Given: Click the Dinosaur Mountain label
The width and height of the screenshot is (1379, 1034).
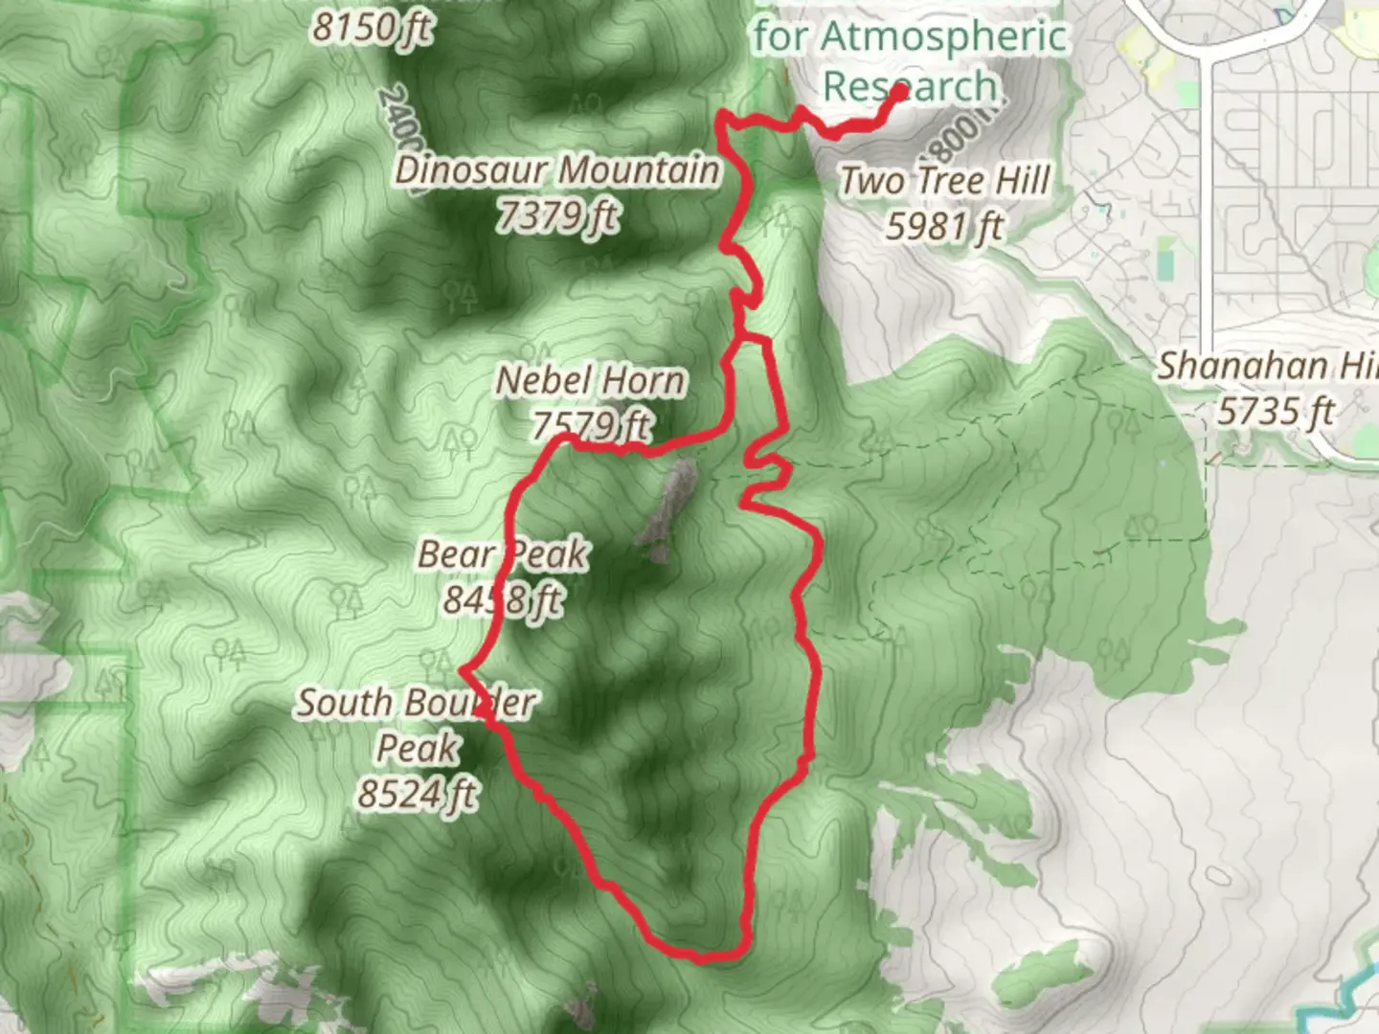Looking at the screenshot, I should pyautogui.click(x=557, y=170).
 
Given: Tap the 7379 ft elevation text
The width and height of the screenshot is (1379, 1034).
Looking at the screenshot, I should pyautogui.click(x=557, y=216).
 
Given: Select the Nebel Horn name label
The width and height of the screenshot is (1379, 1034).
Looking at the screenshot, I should pyautogui.click(x=591, y=381).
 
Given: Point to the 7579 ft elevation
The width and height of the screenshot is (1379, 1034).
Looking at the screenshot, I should pyautogui.click(x=591, y=425).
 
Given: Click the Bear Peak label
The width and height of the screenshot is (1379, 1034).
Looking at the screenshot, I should pyautogui.click(x=503, y=554).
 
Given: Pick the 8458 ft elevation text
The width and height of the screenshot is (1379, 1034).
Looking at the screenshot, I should pyautogui.click(x=503, y=600).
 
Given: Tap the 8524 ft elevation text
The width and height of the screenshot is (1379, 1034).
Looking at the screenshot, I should pyautogui.click(x=418, y=794).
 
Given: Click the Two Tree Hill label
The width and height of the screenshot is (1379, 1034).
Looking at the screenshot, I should pyautogui.click(x=945, y=181).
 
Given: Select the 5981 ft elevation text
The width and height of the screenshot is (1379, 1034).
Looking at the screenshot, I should pyautogui.click(x=945, y=227).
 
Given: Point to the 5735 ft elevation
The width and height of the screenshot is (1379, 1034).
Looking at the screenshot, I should pyautogui.click(x=1276, y=412).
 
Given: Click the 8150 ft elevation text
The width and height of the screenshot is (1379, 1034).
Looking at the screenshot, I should pyautogui.click(x=372, y=29).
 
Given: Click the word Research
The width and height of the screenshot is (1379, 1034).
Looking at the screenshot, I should pyautogui.click(x=910, y=86).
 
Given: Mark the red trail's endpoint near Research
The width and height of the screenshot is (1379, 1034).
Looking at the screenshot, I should pyautogui.click(x=900, y=93).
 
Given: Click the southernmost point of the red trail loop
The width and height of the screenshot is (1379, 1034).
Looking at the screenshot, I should pyautogui.click(x=704, y=956).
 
